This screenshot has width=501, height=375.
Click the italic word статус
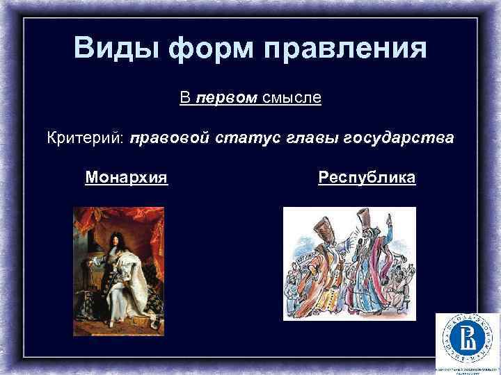246,138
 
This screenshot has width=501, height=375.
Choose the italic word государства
399,138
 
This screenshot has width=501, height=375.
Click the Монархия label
127,178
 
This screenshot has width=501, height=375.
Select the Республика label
367,178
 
